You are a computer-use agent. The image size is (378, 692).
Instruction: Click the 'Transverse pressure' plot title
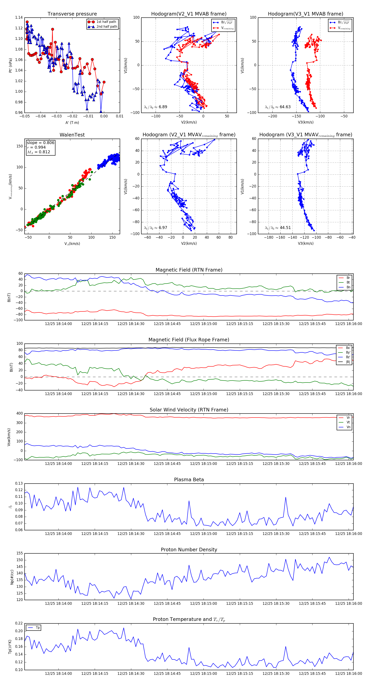[72, 14]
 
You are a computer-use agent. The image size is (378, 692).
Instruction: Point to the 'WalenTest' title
[72, 135]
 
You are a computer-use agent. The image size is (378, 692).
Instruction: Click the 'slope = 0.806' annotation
[40, 143]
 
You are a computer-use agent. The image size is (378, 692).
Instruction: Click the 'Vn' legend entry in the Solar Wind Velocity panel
[348, 427]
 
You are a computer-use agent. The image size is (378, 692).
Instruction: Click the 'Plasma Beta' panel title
[189, 480]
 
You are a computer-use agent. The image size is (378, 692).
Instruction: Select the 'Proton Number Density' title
[189, 549]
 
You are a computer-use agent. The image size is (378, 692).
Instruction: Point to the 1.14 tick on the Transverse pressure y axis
[19, 17]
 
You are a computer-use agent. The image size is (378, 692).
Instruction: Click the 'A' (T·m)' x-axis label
[72, 122]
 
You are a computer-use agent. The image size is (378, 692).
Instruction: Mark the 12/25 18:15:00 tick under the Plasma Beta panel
[203, 533]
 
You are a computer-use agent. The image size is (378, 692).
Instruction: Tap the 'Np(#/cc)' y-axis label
[12, 577]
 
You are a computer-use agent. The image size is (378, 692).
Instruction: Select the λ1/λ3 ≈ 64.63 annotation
[278, 107]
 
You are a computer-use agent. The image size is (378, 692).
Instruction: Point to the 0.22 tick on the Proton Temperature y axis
[19, 623]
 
